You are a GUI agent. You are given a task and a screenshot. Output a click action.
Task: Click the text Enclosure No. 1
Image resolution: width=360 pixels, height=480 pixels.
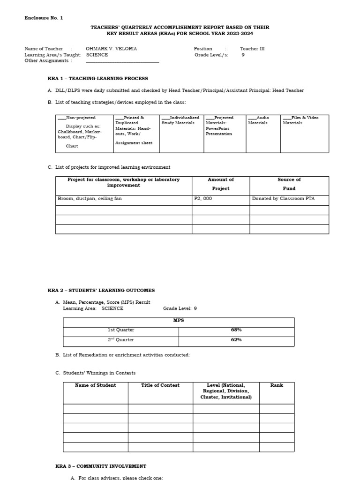[44, 18]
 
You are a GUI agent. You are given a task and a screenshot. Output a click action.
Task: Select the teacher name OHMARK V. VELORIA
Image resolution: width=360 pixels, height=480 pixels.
[111, 49]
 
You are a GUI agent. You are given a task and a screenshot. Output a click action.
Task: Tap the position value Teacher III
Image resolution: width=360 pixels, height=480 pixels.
[252, 49]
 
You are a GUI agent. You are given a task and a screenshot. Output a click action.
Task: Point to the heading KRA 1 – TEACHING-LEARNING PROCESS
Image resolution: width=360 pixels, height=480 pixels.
[98, 79]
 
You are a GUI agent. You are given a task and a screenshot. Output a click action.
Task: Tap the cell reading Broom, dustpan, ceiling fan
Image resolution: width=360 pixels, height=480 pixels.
[90, 199]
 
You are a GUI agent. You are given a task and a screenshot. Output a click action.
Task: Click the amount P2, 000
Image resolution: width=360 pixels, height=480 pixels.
[203, 199]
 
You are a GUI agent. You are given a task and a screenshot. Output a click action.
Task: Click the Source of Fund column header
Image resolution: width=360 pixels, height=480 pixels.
[289, 184]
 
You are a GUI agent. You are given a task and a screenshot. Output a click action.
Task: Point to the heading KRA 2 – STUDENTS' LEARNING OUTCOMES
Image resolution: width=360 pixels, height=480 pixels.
[101, 291]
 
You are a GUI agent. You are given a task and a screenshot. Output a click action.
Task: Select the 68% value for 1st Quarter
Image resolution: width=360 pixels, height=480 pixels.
[236, 330]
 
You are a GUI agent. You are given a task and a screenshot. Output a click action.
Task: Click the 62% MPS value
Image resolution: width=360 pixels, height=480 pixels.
[236, 340]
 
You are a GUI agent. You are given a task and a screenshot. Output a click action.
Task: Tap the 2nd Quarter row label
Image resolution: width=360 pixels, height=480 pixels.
[121, 340]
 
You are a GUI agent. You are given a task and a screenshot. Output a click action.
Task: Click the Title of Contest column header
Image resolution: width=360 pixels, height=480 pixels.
[160, 385]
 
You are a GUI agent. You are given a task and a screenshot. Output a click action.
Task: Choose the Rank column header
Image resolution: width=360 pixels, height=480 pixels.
[277, 385]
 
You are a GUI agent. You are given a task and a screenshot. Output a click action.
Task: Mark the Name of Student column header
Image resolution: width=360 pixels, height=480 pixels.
[96, 385]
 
